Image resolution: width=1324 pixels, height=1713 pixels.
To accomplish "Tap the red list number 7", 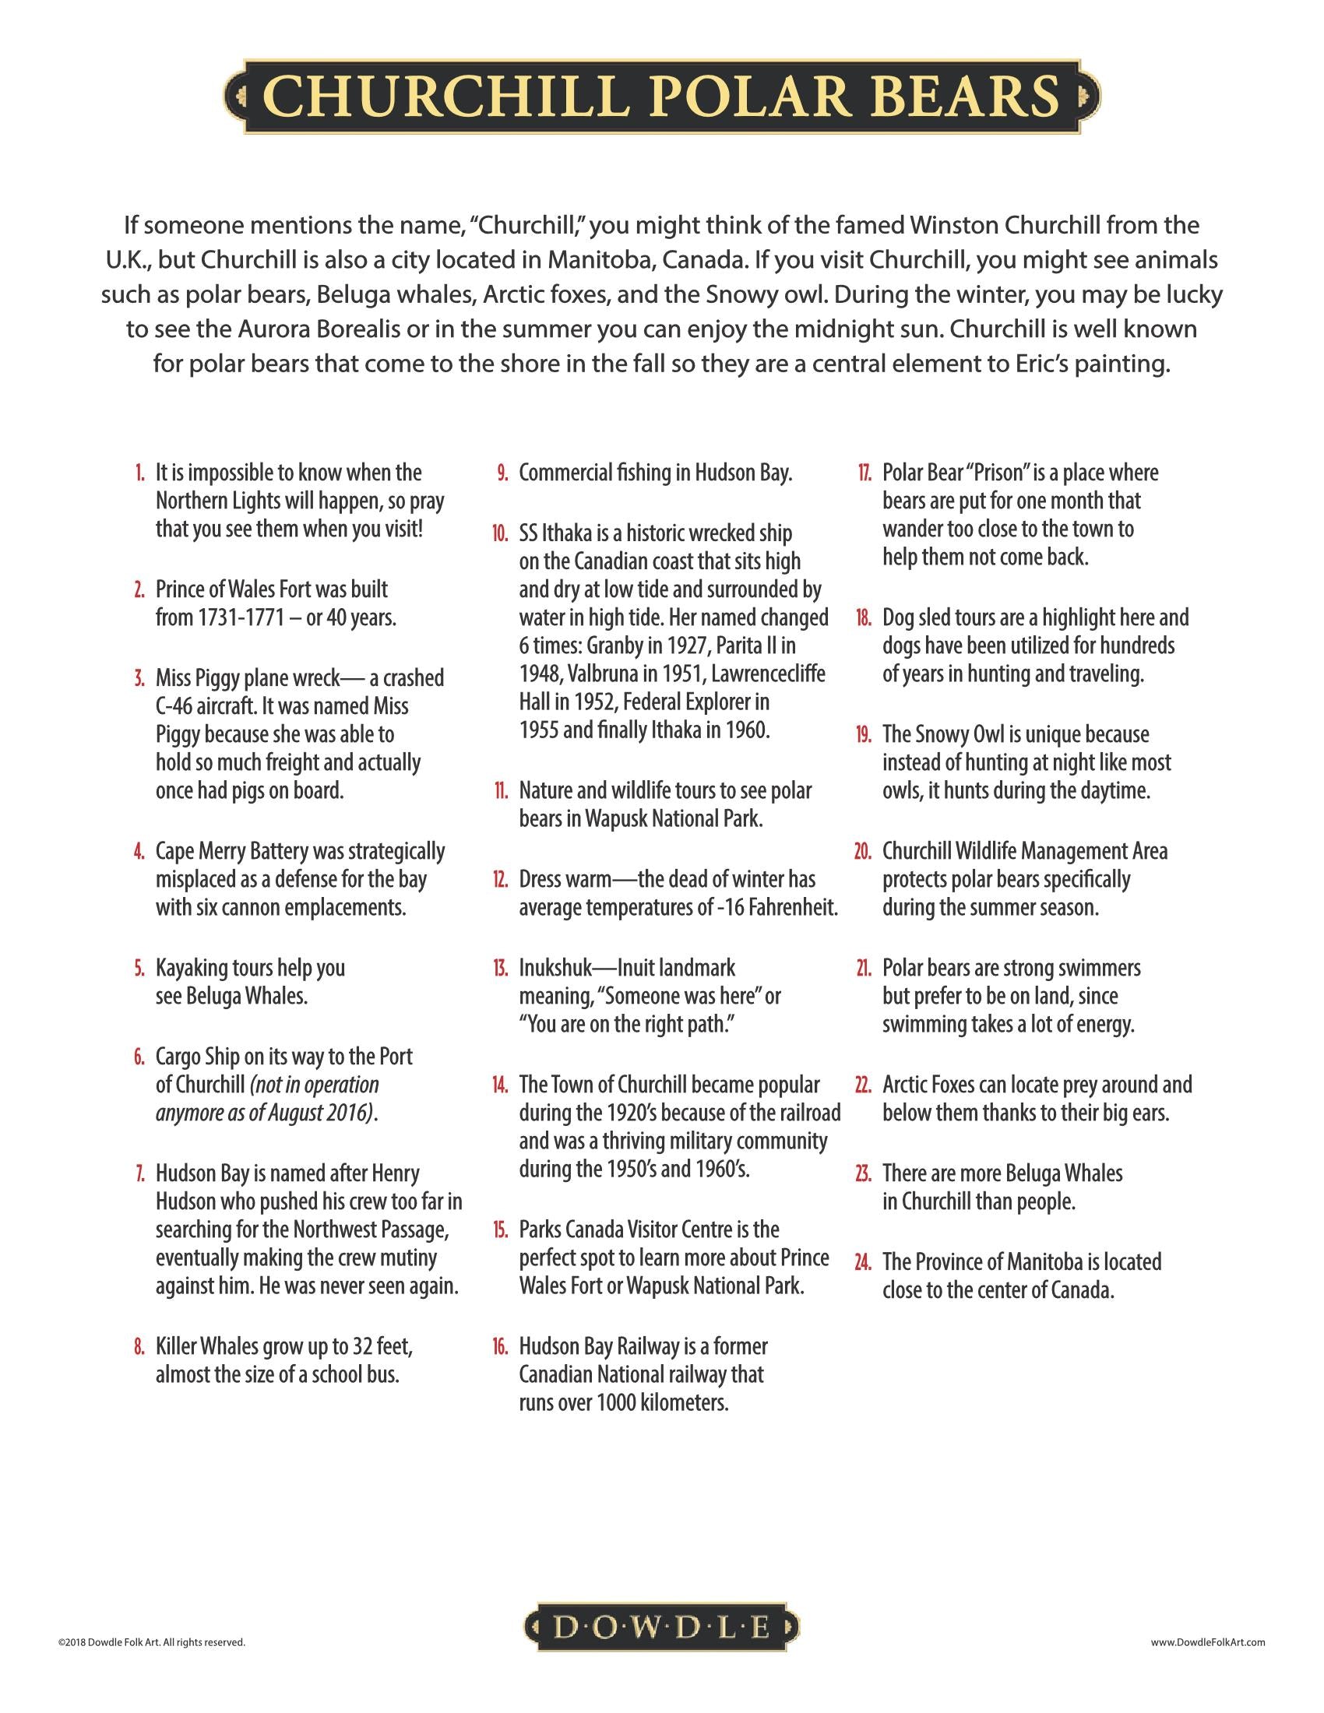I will click(x=139, y=1173).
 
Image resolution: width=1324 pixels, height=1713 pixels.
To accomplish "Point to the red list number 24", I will click(x=863, y=1262).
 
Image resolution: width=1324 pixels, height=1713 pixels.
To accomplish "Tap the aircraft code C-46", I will click(x=174, y=706).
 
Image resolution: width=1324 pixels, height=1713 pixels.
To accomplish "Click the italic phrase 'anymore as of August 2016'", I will click(x=263, y=1113).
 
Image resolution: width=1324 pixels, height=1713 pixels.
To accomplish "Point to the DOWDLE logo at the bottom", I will click(x=661, y=1628).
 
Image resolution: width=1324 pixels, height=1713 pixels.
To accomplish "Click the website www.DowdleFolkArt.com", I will click(x=1208, y=1641).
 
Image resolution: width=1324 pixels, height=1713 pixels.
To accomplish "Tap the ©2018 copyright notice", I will click(x=151, y=1641).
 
